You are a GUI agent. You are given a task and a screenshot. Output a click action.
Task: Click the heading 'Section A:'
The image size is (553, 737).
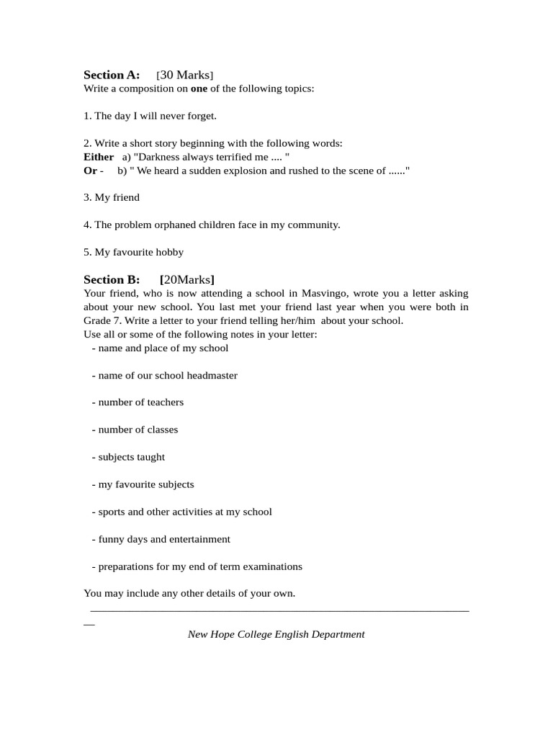112,75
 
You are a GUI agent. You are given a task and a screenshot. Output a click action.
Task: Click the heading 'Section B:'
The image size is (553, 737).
112,279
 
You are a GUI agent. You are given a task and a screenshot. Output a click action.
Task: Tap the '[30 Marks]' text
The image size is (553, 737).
184,75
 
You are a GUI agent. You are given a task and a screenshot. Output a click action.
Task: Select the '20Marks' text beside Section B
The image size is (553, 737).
187,279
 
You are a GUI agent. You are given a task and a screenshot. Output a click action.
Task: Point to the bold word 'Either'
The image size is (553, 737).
99,157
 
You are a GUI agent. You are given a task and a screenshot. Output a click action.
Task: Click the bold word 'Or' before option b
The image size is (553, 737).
91,171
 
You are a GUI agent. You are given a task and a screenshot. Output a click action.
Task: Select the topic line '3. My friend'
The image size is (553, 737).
112,197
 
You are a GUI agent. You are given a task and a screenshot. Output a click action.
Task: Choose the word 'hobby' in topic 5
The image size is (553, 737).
170,252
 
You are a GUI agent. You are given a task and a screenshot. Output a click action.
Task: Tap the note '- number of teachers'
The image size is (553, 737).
138,402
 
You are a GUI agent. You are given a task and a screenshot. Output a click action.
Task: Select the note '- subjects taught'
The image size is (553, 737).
128,457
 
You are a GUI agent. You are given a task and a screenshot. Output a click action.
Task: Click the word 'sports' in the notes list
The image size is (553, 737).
113,512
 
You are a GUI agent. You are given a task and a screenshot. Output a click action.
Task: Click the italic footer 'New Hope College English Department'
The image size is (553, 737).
276,634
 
